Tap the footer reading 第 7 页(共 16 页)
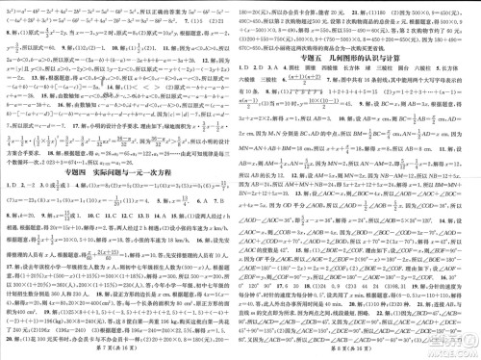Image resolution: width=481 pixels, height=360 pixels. click(120, 353)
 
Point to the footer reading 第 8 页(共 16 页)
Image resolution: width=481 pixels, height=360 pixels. click(361, 353)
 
